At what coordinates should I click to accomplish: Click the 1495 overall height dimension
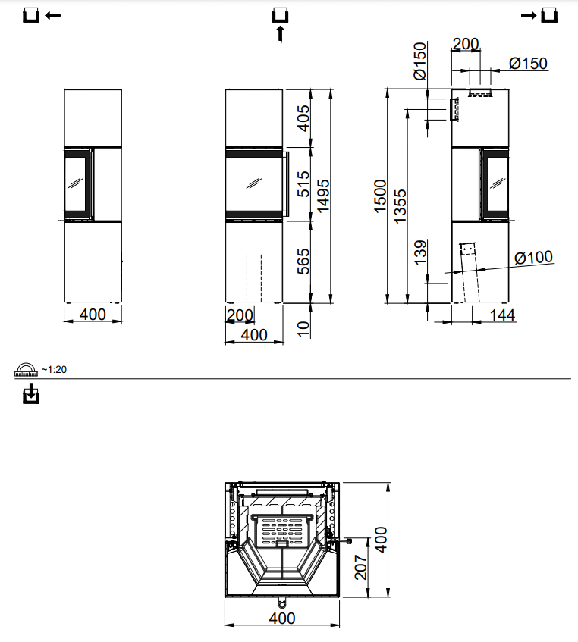[324, 196]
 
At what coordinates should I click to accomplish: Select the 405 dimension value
[303, 118]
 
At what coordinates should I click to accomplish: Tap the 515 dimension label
[303, 184]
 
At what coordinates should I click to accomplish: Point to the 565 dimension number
[303, 261]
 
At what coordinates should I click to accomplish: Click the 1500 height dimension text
[381, 196]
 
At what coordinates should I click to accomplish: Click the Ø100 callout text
[533, 258]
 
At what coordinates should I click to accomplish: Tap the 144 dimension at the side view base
[502, 315]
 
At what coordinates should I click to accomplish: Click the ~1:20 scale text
[55, 369]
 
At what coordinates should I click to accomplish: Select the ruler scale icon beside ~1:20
[27, 369]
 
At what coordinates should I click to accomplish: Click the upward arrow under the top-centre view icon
[280, 33]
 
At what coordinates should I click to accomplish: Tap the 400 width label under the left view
[93, 315]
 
